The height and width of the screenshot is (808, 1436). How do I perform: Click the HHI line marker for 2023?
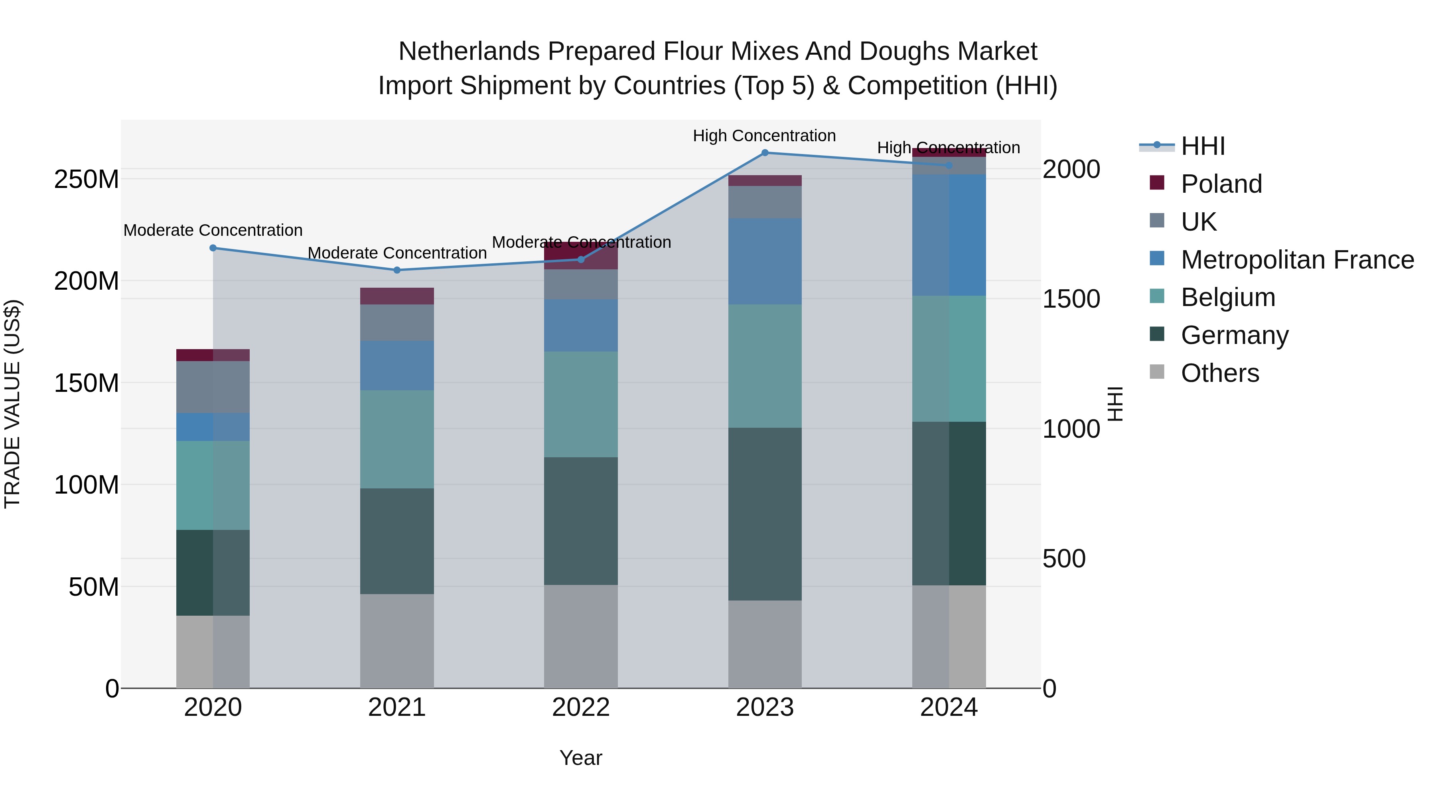coord(765,153)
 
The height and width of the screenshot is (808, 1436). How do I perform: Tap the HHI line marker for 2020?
coord(213,248)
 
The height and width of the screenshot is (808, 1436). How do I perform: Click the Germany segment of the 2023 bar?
coord(765,514)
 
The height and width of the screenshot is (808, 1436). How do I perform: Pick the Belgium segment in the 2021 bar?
coord(397,439)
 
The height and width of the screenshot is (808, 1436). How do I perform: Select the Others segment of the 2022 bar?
coord(581,636)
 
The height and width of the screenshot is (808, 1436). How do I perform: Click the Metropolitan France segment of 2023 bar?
coord(765,261)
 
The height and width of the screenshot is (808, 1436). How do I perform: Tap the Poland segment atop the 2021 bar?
coord(397,296)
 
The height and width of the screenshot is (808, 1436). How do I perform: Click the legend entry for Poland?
coord(1221,184)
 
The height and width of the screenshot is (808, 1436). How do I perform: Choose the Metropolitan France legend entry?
coord(1297,260)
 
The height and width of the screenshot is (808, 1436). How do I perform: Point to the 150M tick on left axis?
coord(87,383)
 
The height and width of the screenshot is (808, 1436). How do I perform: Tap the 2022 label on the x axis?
coord(581,707)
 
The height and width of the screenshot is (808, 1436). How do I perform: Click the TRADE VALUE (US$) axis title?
coord(12,404)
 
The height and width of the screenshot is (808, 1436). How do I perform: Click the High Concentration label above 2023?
coord(764,136)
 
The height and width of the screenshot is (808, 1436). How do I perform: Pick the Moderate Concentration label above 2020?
coord(213,230)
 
